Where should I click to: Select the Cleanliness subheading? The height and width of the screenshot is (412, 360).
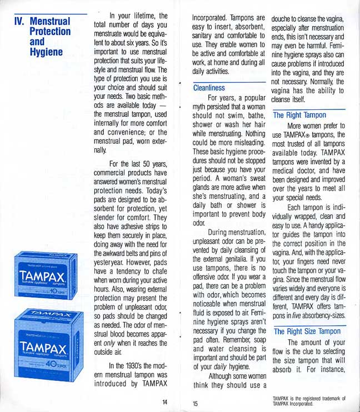coord(209,88)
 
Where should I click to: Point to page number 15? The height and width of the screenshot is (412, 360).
coord(196,404)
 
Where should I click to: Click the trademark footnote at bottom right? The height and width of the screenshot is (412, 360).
coord(309,400)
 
